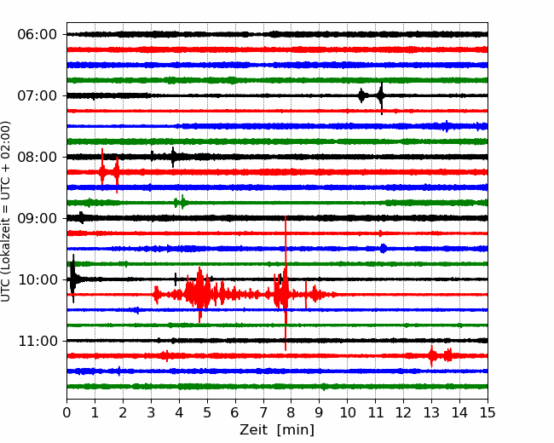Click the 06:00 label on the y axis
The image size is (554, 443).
pos(38,35)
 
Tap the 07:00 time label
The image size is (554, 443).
pos(38,95)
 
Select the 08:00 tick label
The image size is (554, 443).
pos(38,157)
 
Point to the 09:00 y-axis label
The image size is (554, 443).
pos(38,218)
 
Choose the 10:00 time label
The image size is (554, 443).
pos(38,279)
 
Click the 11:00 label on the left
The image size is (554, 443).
pos(38,341)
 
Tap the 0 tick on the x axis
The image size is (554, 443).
pos(66,412)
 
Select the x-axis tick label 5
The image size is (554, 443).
pos(207,412)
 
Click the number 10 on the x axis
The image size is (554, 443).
pos(347,412)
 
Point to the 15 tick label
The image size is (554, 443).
pos(488,412)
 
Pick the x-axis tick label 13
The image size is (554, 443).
pos(431,412)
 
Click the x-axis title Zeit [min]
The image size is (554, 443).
pos(277,430)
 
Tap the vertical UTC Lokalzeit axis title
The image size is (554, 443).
pos(6,211)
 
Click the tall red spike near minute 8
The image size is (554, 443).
pos(286,283)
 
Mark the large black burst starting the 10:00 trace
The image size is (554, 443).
pos(73,279)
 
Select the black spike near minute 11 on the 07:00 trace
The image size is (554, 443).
pos(381,96)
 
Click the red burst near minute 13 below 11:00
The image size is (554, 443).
pos(431,356)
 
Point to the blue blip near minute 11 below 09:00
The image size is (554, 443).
pos(384,249)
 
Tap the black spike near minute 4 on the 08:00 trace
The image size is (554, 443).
pos(173,157)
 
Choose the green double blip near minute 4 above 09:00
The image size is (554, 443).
pos(180,203)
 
